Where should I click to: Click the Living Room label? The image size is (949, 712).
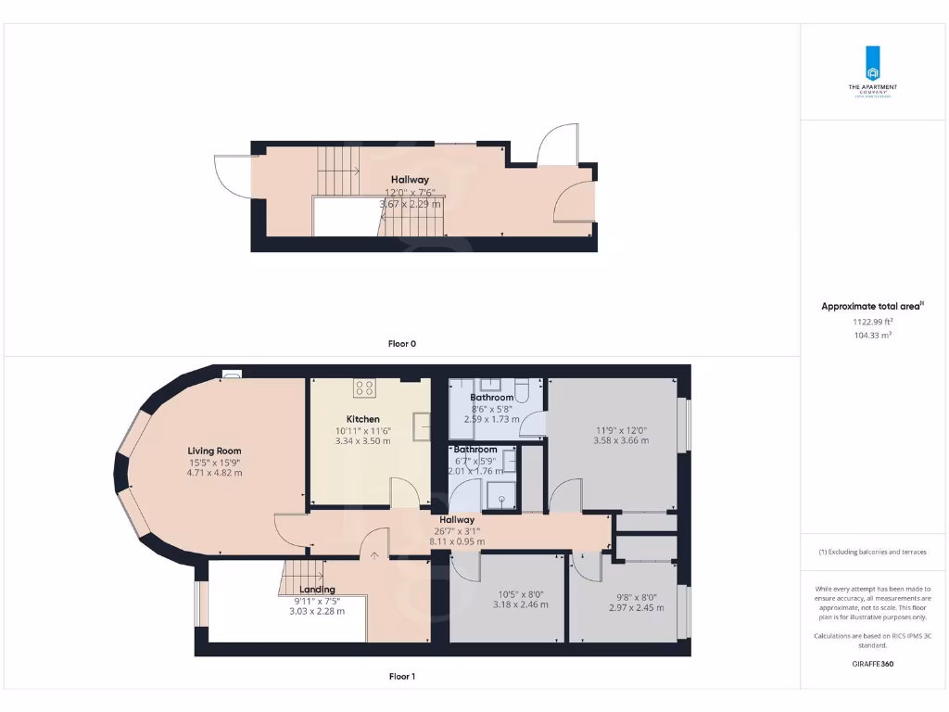click(x=214, y=451)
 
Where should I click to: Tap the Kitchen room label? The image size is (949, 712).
click(x=362, y=419)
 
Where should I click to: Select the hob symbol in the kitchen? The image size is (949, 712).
click(x=365, y=388)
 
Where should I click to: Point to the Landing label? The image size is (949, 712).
click(x=317, y=590)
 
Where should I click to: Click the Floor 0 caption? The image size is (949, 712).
click(x=401, y=343)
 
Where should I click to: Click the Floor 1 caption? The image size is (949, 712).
click(x=401, y=677)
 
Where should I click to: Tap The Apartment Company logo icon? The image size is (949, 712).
click(x=872, y=64)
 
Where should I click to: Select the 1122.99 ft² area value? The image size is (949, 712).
click(x=873, y=322)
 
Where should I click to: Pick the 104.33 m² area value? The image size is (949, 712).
click(x=873, y=335)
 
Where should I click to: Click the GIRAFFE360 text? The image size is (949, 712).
click(x=872, y=664)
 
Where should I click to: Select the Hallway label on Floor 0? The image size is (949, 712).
click(x=409, y=180)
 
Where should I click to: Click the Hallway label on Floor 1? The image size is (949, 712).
click(x=457, y=520)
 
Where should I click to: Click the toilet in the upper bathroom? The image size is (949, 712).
click(x=521, y=392)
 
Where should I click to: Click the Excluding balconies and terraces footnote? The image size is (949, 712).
click(x=872, y=552)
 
